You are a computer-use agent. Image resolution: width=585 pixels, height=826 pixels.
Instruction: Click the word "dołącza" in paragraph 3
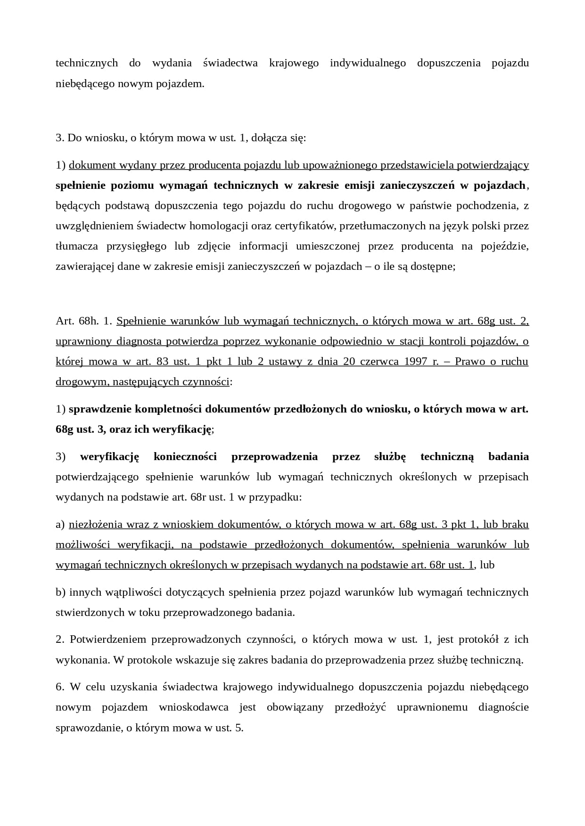[267, 138]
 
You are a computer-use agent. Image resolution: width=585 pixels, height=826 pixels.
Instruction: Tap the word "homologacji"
[219, 226]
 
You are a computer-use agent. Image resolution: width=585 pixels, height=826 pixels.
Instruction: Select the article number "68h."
[87, 321]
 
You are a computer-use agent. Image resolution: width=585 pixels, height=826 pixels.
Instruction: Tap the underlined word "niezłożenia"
[96, 525]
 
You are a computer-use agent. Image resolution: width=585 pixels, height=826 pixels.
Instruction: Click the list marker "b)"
[60, 592]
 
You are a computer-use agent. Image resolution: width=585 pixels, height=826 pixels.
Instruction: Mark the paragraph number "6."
[60, 687]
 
